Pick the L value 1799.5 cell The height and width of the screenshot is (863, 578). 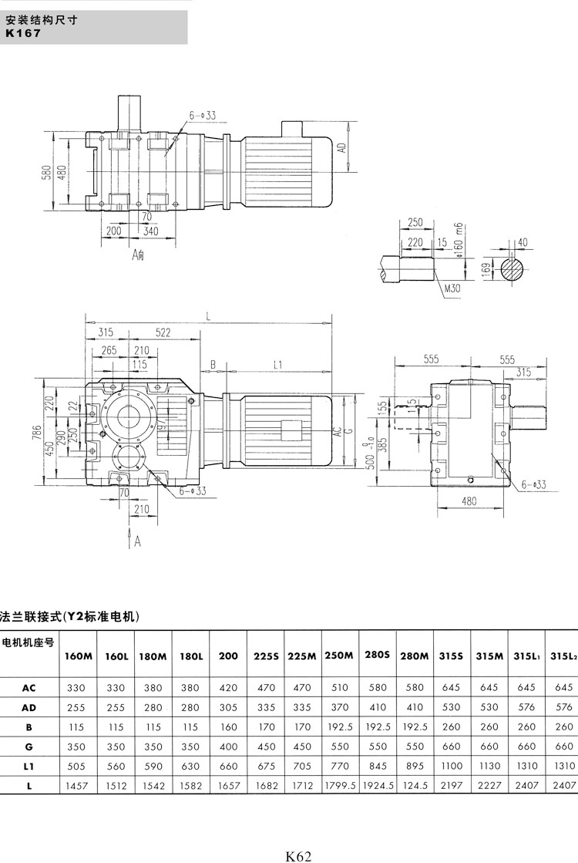click(339, 787)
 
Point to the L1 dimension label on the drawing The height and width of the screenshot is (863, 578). click(279, 364)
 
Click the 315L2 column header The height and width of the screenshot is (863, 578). click(563, 656)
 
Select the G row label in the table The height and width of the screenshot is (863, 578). click(29, 746)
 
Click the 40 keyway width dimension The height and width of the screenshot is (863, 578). click(524, 242)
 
